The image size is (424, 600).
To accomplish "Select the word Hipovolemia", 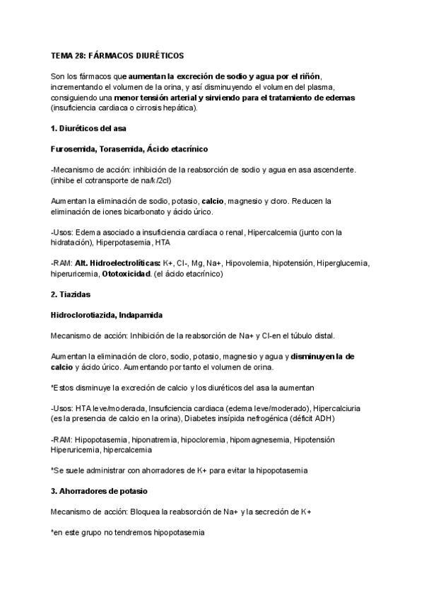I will pos(241,263).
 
